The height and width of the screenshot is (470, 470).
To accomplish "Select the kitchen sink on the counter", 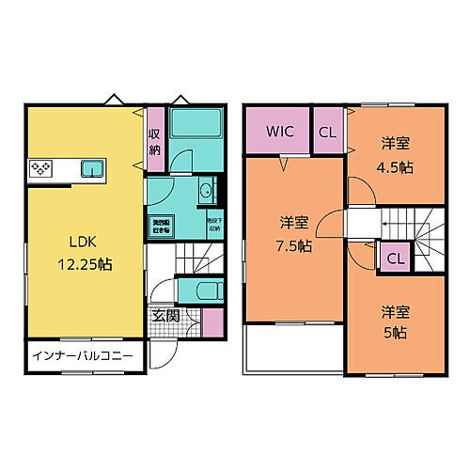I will click(x=91, y=168).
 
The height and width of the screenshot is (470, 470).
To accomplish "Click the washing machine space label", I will click(x=161, y=225).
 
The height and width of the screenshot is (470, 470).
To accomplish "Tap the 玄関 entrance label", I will click(x=163, y=317).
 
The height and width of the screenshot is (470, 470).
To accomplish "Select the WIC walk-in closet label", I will click(x=279, y=132).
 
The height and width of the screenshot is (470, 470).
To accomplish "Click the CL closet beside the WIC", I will click(x=327, y=132).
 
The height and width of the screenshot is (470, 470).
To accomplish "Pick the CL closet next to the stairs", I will click(x=395, y=258).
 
